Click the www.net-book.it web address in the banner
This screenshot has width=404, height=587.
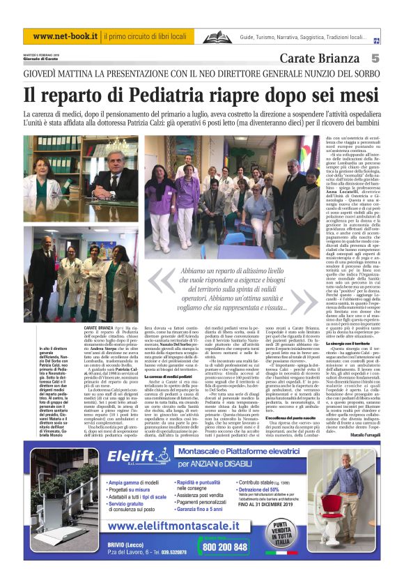point(62,36)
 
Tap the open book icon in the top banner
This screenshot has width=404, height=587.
point(216,37)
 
